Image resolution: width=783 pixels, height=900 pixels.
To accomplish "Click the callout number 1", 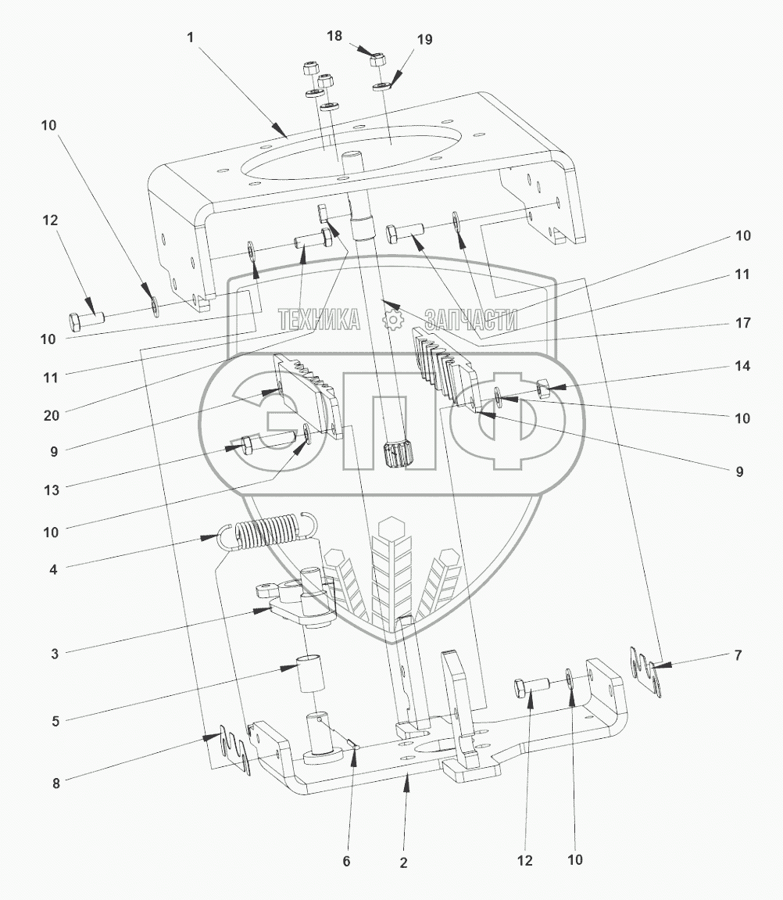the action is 191,38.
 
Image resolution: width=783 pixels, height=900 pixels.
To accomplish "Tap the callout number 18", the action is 334,36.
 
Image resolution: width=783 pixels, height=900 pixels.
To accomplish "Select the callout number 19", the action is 424,40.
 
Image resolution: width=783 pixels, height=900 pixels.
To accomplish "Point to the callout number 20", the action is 52,415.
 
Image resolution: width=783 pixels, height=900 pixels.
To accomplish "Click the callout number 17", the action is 743,323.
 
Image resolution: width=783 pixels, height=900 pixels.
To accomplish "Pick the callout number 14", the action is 742,366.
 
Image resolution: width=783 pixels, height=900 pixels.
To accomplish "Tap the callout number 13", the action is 52,489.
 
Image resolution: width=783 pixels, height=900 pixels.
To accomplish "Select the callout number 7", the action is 738,655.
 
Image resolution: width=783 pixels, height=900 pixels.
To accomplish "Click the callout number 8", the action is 55,783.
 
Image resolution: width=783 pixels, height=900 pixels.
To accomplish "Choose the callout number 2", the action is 404,862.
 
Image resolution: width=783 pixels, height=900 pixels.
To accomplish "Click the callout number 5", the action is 55,721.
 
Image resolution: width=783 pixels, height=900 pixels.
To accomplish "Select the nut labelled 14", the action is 543,389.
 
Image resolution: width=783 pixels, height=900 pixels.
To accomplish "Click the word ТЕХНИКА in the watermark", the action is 319,320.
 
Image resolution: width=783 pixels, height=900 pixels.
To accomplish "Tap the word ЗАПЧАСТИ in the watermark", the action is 470,320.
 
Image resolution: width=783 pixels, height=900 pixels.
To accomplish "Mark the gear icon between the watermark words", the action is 393,320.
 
